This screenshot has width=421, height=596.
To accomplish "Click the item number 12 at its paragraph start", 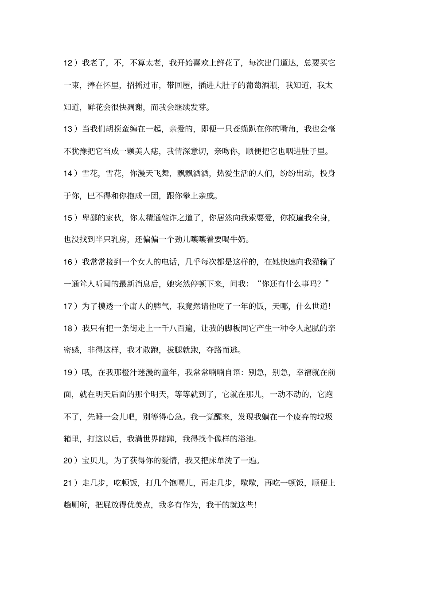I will pyautogui.click(x=69, y=62).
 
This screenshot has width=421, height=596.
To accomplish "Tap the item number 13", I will pyautogui.click(x=69, y=129).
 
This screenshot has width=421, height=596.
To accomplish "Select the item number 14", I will pyautogui.click(x=69, y=173).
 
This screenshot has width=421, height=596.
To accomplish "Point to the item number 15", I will pyautogui.click(x=69, y=218).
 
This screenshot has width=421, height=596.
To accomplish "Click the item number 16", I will pyautogui.click(x=69, y=262).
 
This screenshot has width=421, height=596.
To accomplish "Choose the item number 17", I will pyautogui.click(x=69, y=306).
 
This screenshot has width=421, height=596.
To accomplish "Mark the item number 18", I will pyautogui.click(x=69, y=328).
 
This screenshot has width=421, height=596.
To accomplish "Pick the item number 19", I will pyautogui.click(x=69, y=373).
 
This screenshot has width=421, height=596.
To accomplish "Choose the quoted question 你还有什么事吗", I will pyautogui.click(x=292, y=284).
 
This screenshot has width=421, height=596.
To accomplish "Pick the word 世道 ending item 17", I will pyautogui.click(x=320, y=306).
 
